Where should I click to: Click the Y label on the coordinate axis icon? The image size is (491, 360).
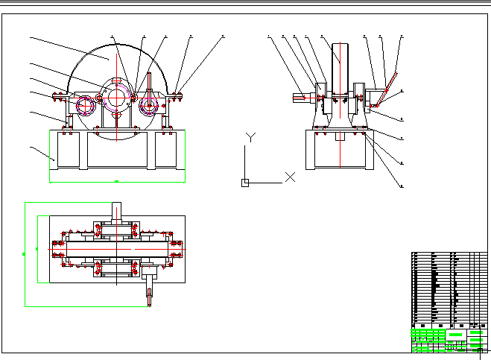(x=252, y=136)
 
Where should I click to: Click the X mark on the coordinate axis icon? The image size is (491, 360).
(x=291, y=177)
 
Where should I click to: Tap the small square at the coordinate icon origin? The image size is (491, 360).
(x=244, y=182)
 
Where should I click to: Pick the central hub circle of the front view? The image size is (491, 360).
(x=116, y=97)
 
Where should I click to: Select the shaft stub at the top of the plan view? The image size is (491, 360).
(x=116, y=211)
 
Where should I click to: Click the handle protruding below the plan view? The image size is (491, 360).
(x=150, y=291)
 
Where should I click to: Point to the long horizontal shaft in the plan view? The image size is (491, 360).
(x=117, y=247)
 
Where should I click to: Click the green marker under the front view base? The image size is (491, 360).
(x=116, y=181)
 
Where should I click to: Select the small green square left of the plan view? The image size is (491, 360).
(x=24, y=253)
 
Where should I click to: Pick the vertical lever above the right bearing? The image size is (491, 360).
(x=151, y=82)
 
